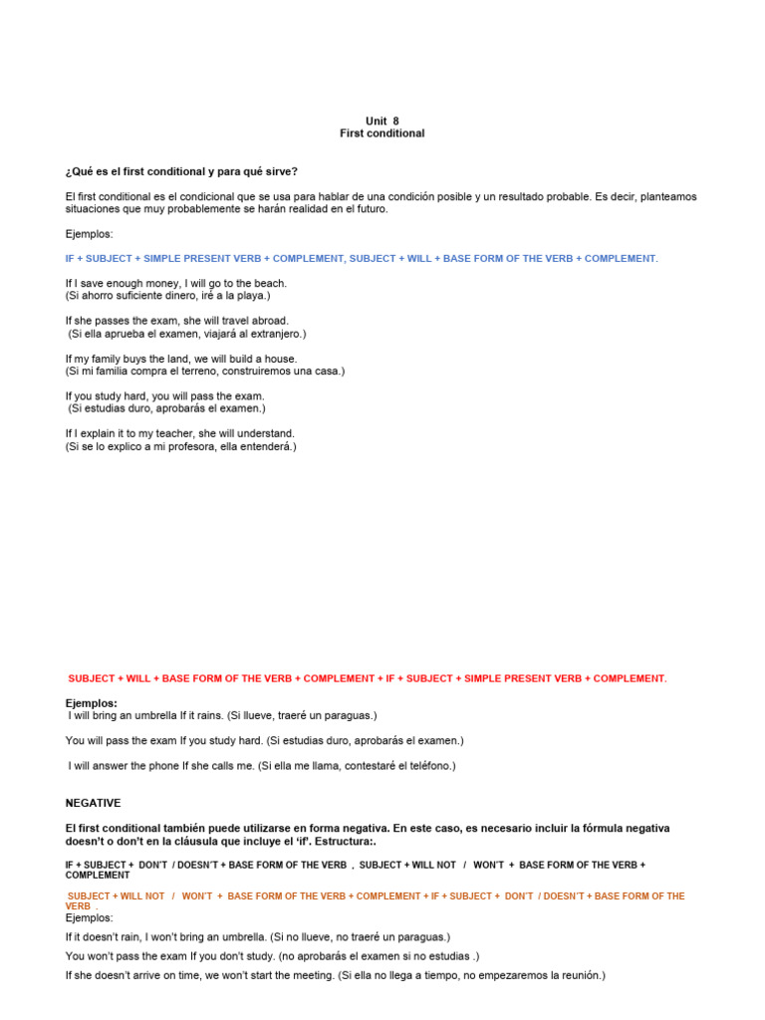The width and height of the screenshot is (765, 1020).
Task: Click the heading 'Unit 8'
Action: coord(382,121)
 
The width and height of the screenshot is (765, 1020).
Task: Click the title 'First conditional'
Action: coord(382,133)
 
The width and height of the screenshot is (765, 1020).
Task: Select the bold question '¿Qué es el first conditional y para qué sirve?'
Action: coord(181,171)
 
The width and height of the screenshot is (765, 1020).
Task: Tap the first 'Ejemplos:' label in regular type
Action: coord(90,233)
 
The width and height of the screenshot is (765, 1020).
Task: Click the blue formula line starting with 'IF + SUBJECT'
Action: coord(362,258)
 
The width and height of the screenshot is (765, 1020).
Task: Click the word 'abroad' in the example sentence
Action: coord(269,321)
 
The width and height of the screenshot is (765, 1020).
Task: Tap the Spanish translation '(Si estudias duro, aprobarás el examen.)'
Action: coord(166,408)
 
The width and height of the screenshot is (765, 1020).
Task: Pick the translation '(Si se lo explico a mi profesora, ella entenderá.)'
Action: coord(181,446)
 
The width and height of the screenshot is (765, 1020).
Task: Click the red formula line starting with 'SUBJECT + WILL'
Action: coord(367,678)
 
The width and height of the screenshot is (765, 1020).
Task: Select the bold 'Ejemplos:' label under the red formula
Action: coord(92,703)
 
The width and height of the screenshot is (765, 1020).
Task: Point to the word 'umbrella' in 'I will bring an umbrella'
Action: coord(155,715)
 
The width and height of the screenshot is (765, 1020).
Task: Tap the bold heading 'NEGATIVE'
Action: coord(93,802)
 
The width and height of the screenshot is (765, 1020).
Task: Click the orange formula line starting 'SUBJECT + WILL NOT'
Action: coord(376,896)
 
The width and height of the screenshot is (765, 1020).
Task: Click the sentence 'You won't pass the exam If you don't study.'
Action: coord(169,956)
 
